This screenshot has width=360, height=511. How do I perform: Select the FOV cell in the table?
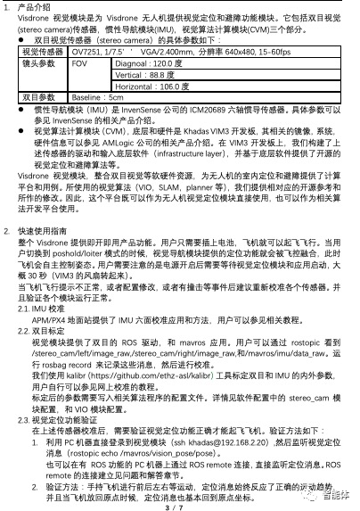79,64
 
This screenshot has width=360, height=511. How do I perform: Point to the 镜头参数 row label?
37,64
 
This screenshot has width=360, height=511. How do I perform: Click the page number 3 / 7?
179,502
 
